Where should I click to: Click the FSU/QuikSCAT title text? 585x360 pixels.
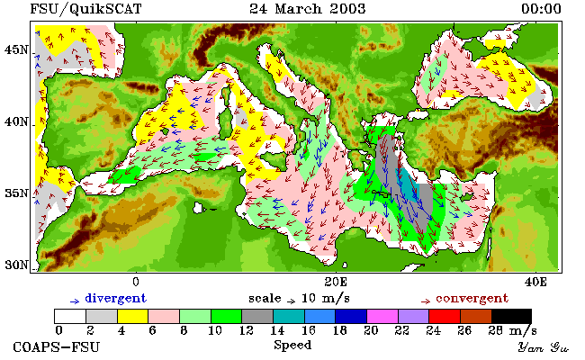[x=85, y=9]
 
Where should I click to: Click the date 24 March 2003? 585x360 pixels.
[x=308, y=9]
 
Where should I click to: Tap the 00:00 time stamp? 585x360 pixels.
[x=541, y=9]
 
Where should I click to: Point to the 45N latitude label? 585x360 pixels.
[x=17, y=49]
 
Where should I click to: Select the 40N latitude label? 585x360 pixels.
[x=17, y=121]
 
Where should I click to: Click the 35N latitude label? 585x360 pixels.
[x=17, y=193]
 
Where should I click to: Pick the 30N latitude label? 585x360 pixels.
[x=17, y=265]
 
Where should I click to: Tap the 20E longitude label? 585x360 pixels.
[x=336, y=282]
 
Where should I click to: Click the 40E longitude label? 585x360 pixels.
[x=535, y=282]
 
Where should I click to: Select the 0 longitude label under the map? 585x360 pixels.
[x=136, y=282]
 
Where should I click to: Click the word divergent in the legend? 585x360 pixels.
[x=116, y=298]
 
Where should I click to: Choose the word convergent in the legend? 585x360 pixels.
[x=472, y=298]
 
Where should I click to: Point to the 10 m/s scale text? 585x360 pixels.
[x=325, y=299]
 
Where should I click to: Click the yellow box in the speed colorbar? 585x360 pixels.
[x=133, y=316]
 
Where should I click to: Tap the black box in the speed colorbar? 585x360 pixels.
[x=511, y=316]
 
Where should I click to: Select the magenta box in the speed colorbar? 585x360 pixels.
[x=382, y=316]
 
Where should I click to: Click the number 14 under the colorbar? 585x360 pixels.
[x=277, y=330]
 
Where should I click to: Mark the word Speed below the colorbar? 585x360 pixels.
[x=292, y=345]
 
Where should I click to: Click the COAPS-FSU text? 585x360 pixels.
[x=57, y=346]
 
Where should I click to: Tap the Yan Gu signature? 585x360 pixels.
[x=543, y=347]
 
